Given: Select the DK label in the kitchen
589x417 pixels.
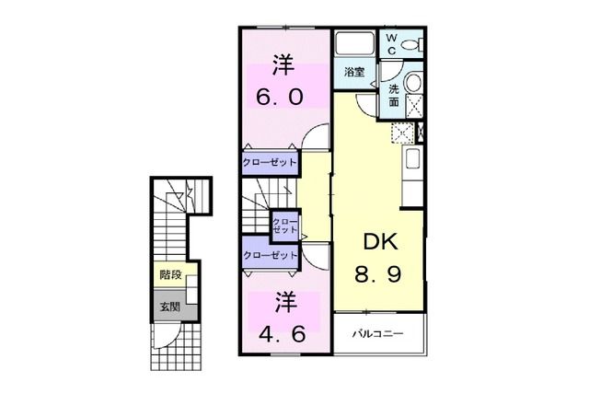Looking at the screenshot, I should click(377, 242).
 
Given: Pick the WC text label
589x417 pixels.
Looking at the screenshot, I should click(391, 44).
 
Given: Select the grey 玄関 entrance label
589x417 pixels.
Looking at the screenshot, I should click(169, 307).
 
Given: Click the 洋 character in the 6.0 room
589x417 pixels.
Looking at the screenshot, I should click(282, 66).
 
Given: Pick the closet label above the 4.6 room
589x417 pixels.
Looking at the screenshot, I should click(270, 255).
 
